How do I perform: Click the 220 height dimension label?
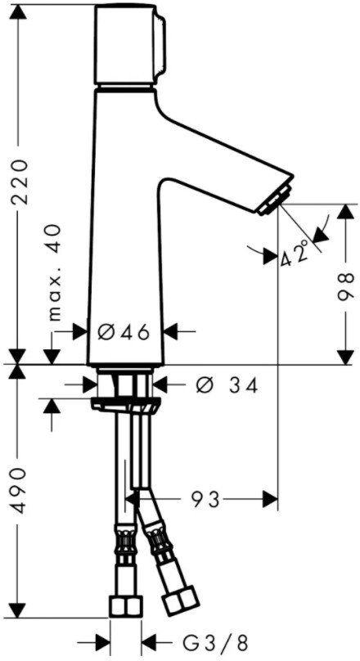point(19,182)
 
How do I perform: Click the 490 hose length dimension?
point(19,489)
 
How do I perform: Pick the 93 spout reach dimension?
point(206,500)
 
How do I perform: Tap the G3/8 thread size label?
point(215,643)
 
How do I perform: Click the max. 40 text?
point(55,272)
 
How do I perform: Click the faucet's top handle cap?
point(129,44)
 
